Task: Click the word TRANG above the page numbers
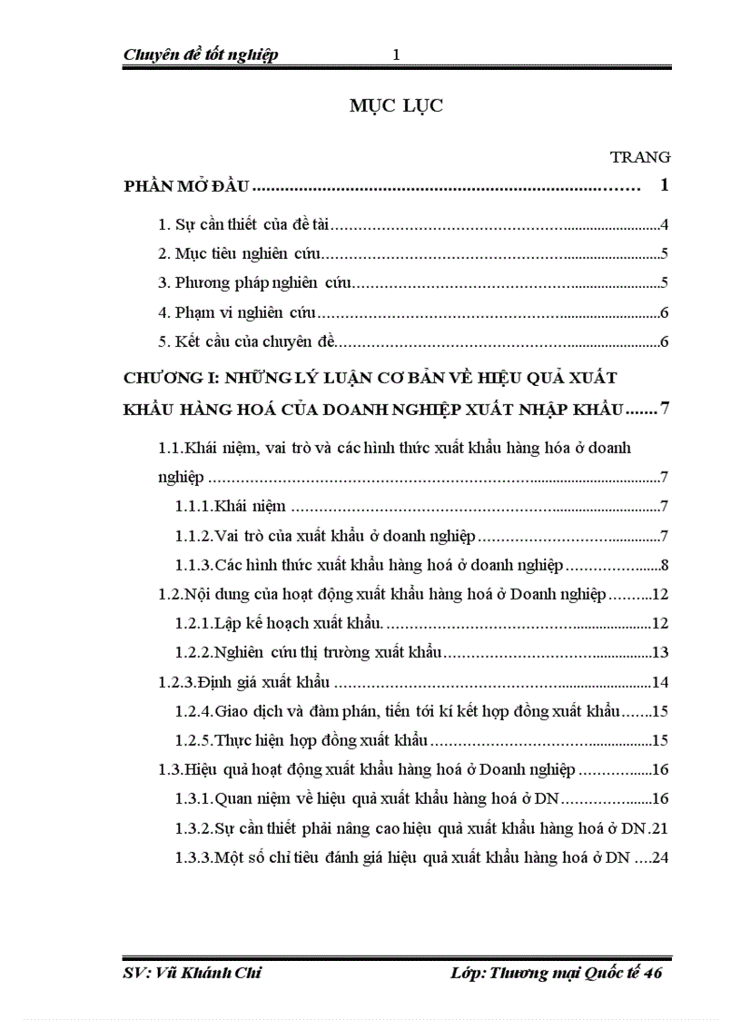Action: (x=640, y=157)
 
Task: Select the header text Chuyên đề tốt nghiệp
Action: (x=201, y=54)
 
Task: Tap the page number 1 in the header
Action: (x=396, y=54)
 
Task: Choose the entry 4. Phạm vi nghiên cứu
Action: (x=237, y=314)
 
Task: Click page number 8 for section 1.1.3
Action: (x=665, y=565)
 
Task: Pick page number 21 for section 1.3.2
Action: (x=660, y=827)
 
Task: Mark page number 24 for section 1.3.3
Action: (x=660, y=857)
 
